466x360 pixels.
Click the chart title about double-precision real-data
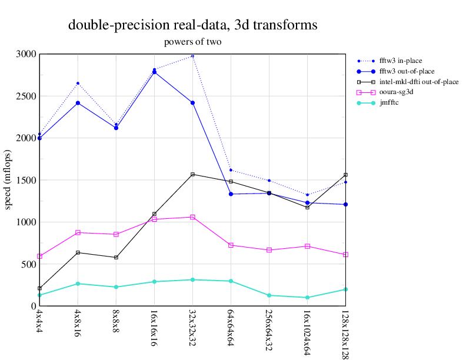tap(193, 25)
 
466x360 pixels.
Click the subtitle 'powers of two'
tap(193, 42)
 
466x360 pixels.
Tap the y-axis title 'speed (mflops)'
tap(8, 179)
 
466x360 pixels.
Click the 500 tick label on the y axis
tap(28, 264)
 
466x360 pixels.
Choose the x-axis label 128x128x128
tap(346, 334)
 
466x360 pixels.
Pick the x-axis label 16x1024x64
tap(308, 331)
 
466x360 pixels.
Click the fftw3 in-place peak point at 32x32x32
tap(192, 56)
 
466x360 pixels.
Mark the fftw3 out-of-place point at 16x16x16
tap(154, 72)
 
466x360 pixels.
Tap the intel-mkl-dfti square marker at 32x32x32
tap(192, 175)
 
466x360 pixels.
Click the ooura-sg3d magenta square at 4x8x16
tap(78, 232)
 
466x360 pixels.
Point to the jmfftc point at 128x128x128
tap(345, 289)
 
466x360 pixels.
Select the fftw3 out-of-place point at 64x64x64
tap(231, 194)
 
